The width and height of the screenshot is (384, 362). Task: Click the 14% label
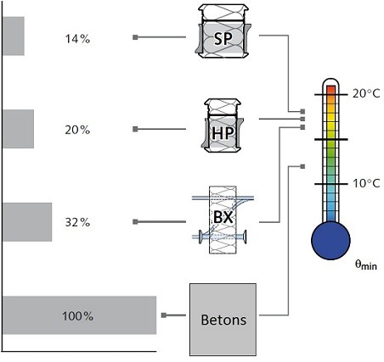pos(77,39)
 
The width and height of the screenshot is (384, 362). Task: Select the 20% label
pos(77,130)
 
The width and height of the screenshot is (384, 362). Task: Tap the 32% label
pos(77,222)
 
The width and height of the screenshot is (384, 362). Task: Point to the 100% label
pos(77,315)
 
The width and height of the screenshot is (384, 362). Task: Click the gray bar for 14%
pos(14,36)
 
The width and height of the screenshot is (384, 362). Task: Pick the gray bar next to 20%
pos(18,129)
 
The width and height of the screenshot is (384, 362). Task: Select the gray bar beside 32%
pos(27,222)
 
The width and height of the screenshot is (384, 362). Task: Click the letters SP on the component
pos(223,39)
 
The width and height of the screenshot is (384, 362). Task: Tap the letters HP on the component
pos(223,133)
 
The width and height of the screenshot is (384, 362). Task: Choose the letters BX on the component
pos(223,217)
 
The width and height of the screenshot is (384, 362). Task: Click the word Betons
pos(223,320)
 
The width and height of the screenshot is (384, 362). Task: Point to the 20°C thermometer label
pos(366,93)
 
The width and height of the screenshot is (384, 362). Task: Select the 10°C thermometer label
pos(366,183)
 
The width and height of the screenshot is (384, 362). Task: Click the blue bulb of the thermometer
pos(330,241)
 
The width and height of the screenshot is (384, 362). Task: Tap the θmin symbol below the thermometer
pos(366,265)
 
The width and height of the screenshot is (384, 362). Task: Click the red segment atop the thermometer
pos(330,91)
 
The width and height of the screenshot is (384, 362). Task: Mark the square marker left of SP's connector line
pos(135,37)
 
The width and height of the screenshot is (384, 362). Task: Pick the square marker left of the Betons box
pos(164,315)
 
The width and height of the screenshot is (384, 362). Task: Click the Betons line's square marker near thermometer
pos(302,166)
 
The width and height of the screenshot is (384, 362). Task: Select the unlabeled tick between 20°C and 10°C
pos(330,139)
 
